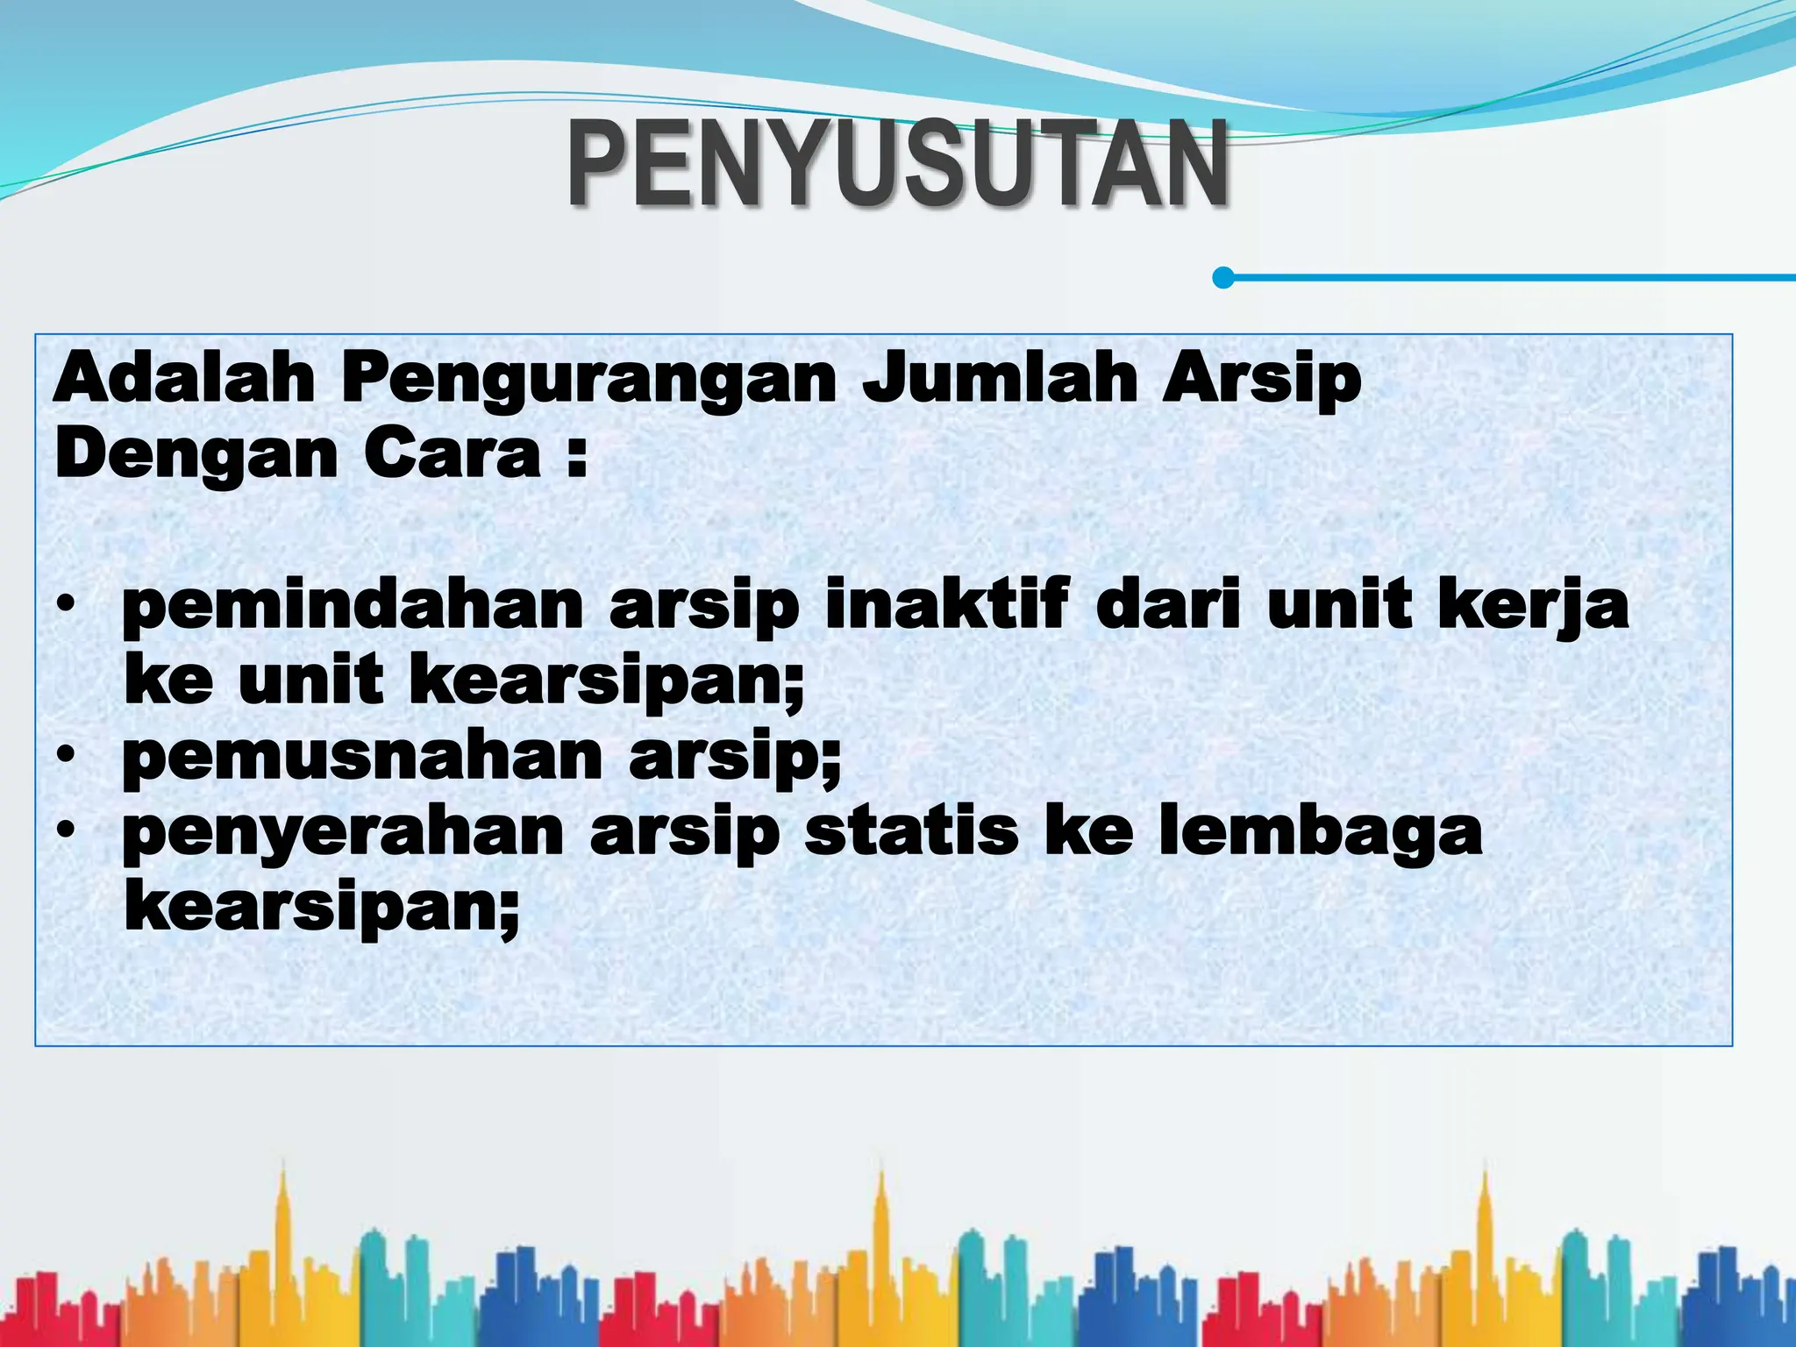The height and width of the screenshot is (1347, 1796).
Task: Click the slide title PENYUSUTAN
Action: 898,165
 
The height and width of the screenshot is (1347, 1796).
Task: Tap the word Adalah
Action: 183,379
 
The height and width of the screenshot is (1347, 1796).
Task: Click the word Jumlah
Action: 999,379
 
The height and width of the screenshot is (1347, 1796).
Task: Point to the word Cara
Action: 453,454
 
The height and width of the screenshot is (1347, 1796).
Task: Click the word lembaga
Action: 1321,834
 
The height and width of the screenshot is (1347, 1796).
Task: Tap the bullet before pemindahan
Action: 65,606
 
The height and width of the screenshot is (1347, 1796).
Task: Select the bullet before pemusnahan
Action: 65,756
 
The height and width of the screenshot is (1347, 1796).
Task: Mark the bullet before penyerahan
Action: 65,832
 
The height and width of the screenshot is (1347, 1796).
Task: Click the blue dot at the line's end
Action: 1223,278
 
